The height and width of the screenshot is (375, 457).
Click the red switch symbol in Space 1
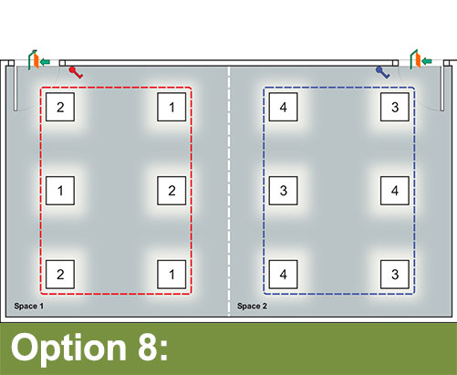click(76, 72)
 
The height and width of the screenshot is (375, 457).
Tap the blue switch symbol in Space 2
click(383, 72)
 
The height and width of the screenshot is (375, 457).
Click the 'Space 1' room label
click(29, 306)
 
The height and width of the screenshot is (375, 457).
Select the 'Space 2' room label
click(252, 306)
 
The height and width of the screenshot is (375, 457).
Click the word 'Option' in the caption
click(68, 349)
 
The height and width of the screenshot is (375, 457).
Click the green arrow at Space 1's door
click(45, 62)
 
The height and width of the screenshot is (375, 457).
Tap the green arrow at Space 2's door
click(427, 61)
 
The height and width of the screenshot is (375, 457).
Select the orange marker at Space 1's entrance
click(36, 61)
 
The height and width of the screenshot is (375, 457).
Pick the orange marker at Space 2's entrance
click(418, 60)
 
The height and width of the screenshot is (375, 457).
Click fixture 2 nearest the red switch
click(60, 107)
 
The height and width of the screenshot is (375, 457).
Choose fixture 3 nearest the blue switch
click(395, 107)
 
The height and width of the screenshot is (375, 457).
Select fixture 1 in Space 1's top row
click(171, 107)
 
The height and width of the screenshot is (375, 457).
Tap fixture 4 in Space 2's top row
click(284, 107)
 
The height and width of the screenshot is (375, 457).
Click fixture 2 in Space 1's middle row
click(171, 191)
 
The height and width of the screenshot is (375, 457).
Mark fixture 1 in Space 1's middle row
click(60, 191)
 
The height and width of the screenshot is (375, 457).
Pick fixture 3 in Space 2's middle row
click(284, 191)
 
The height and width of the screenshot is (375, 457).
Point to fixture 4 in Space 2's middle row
click(395, 191)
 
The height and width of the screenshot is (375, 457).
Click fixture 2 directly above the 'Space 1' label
click(60, 275)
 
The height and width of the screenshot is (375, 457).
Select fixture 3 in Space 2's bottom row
click(395, 275)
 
